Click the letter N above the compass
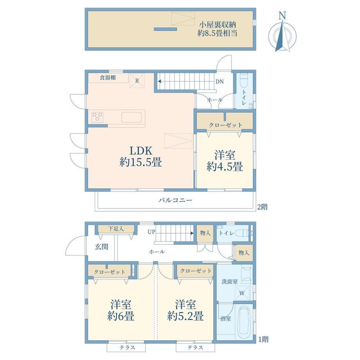[282, 16]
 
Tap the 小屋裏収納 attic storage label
[217, 24]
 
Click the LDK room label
[141, 151]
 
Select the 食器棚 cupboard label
[108, 77]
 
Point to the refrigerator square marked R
[137, 81]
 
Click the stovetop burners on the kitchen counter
[97, 117]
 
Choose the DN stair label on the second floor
[220, 81]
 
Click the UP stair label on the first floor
[151, 232]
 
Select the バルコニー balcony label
[175, 200]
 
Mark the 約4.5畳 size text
[225, 166]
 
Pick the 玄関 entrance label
[101, 247]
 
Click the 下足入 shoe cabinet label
[116, 229]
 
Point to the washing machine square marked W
[242, 293]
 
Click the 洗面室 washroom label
[230, 281]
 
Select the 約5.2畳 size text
[185, 316]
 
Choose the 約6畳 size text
[121, 316]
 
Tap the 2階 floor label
[262, 207]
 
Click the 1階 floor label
[263, 339]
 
